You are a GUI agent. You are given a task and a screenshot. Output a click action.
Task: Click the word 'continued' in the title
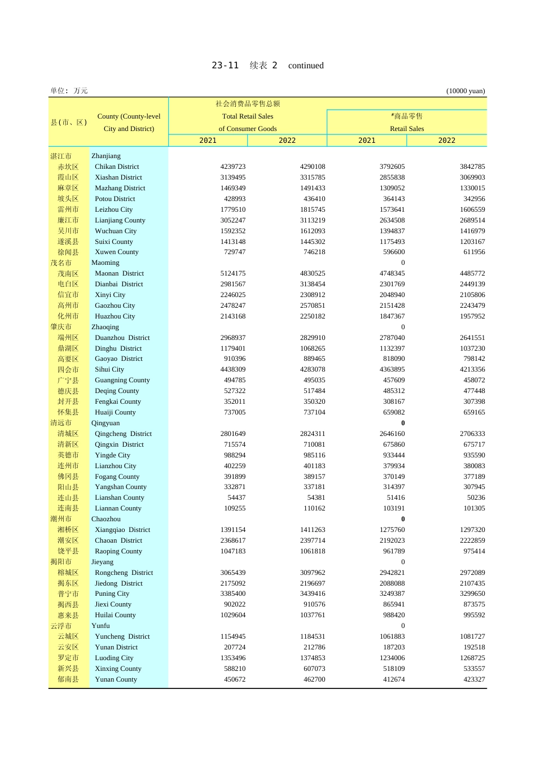tap(306, 66)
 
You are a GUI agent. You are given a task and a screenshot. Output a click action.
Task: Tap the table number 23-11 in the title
tap(225, 66)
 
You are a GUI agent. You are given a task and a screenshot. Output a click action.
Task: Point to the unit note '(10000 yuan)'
tap(465, 91)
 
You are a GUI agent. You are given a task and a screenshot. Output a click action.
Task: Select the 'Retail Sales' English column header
tap(407, 129)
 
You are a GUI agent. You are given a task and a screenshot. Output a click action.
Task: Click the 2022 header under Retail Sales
tap(446, 141)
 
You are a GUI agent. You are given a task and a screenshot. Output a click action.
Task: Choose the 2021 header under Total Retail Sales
tap(208, 141)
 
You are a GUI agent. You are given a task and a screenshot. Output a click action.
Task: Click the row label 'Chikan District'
tap(117, 167)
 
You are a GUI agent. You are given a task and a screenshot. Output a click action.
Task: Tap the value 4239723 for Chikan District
tap(233, 167)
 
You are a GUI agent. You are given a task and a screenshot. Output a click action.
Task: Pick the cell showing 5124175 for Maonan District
tap(233, 273)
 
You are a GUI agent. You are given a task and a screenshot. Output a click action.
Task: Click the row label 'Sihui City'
tap(109, 369)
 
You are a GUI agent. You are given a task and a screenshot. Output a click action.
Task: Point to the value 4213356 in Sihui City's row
tap(472, 369)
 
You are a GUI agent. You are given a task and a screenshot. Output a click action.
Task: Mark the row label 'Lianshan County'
tap(120, 498)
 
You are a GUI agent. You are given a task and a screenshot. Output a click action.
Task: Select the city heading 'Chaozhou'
tap(106, 519)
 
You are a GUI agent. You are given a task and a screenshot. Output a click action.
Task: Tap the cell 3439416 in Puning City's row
tap(313, 594)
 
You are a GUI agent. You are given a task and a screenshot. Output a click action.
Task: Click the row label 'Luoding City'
tap(114, 658)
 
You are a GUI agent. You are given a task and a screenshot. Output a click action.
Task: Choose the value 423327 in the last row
tap(474, 679)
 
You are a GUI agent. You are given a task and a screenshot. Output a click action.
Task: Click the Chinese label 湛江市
tap(61, 156)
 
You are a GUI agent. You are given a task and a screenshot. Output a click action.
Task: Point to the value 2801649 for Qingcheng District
tap(233, 434)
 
